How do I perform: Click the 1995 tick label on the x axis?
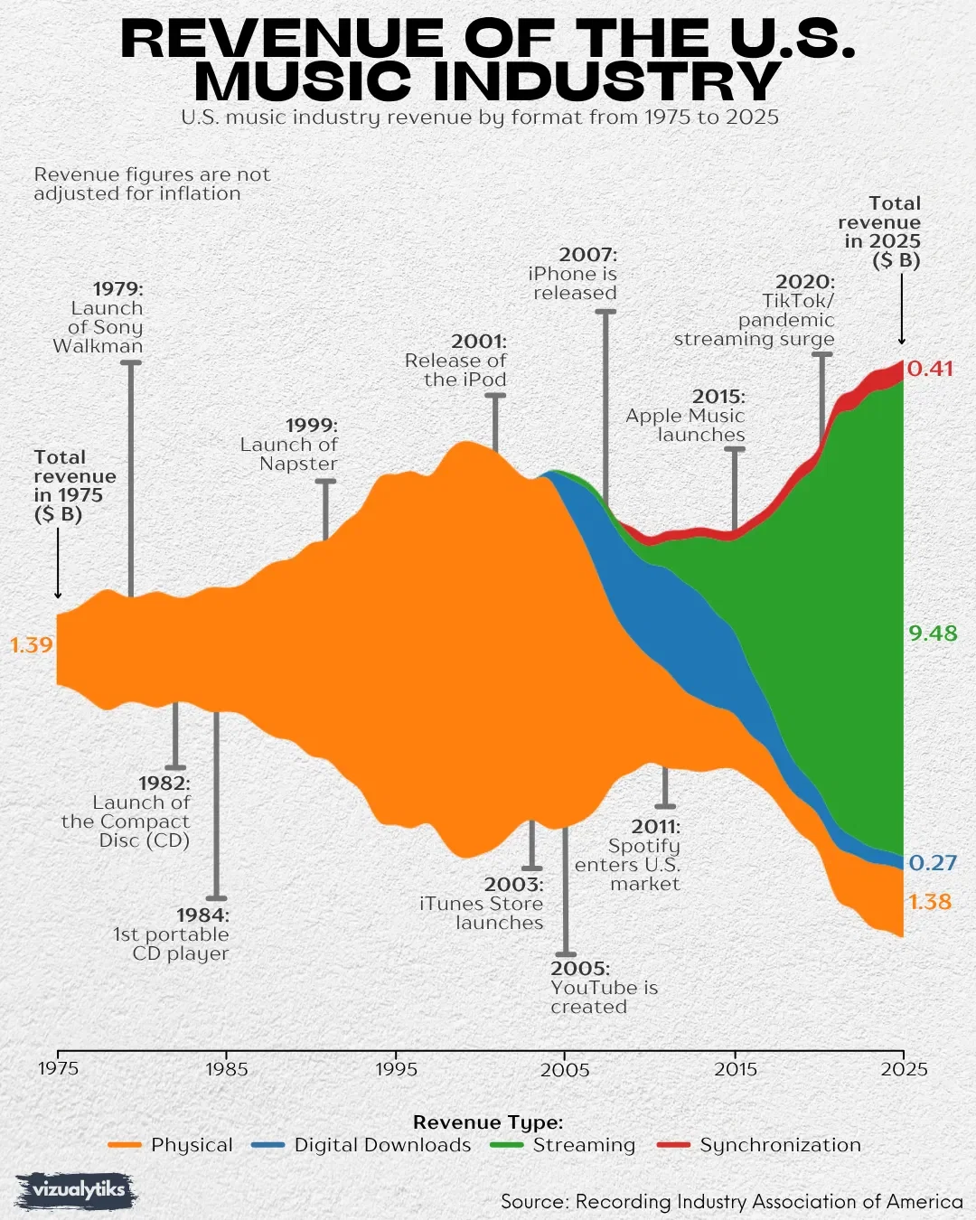point(396,1069)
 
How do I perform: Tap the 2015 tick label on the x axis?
point(736,1069)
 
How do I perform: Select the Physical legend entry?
point(171,1145)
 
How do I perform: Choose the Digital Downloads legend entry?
point(361,1145)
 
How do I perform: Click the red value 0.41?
point(930,369)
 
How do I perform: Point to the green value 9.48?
point(933,633)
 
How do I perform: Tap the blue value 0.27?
point(933,863)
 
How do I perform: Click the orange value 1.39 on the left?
point(32,645)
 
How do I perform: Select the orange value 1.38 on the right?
point(930,902)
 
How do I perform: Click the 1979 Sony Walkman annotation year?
point(117,289)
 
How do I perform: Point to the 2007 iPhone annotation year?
point(587,255)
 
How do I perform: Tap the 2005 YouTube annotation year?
point(579,969)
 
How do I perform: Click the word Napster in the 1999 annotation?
point(298,464)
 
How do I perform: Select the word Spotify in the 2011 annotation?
point(643,846)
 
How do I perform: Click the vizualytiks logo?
point(77,1190)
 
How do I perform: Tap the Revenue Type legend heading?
point(488,1122)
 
